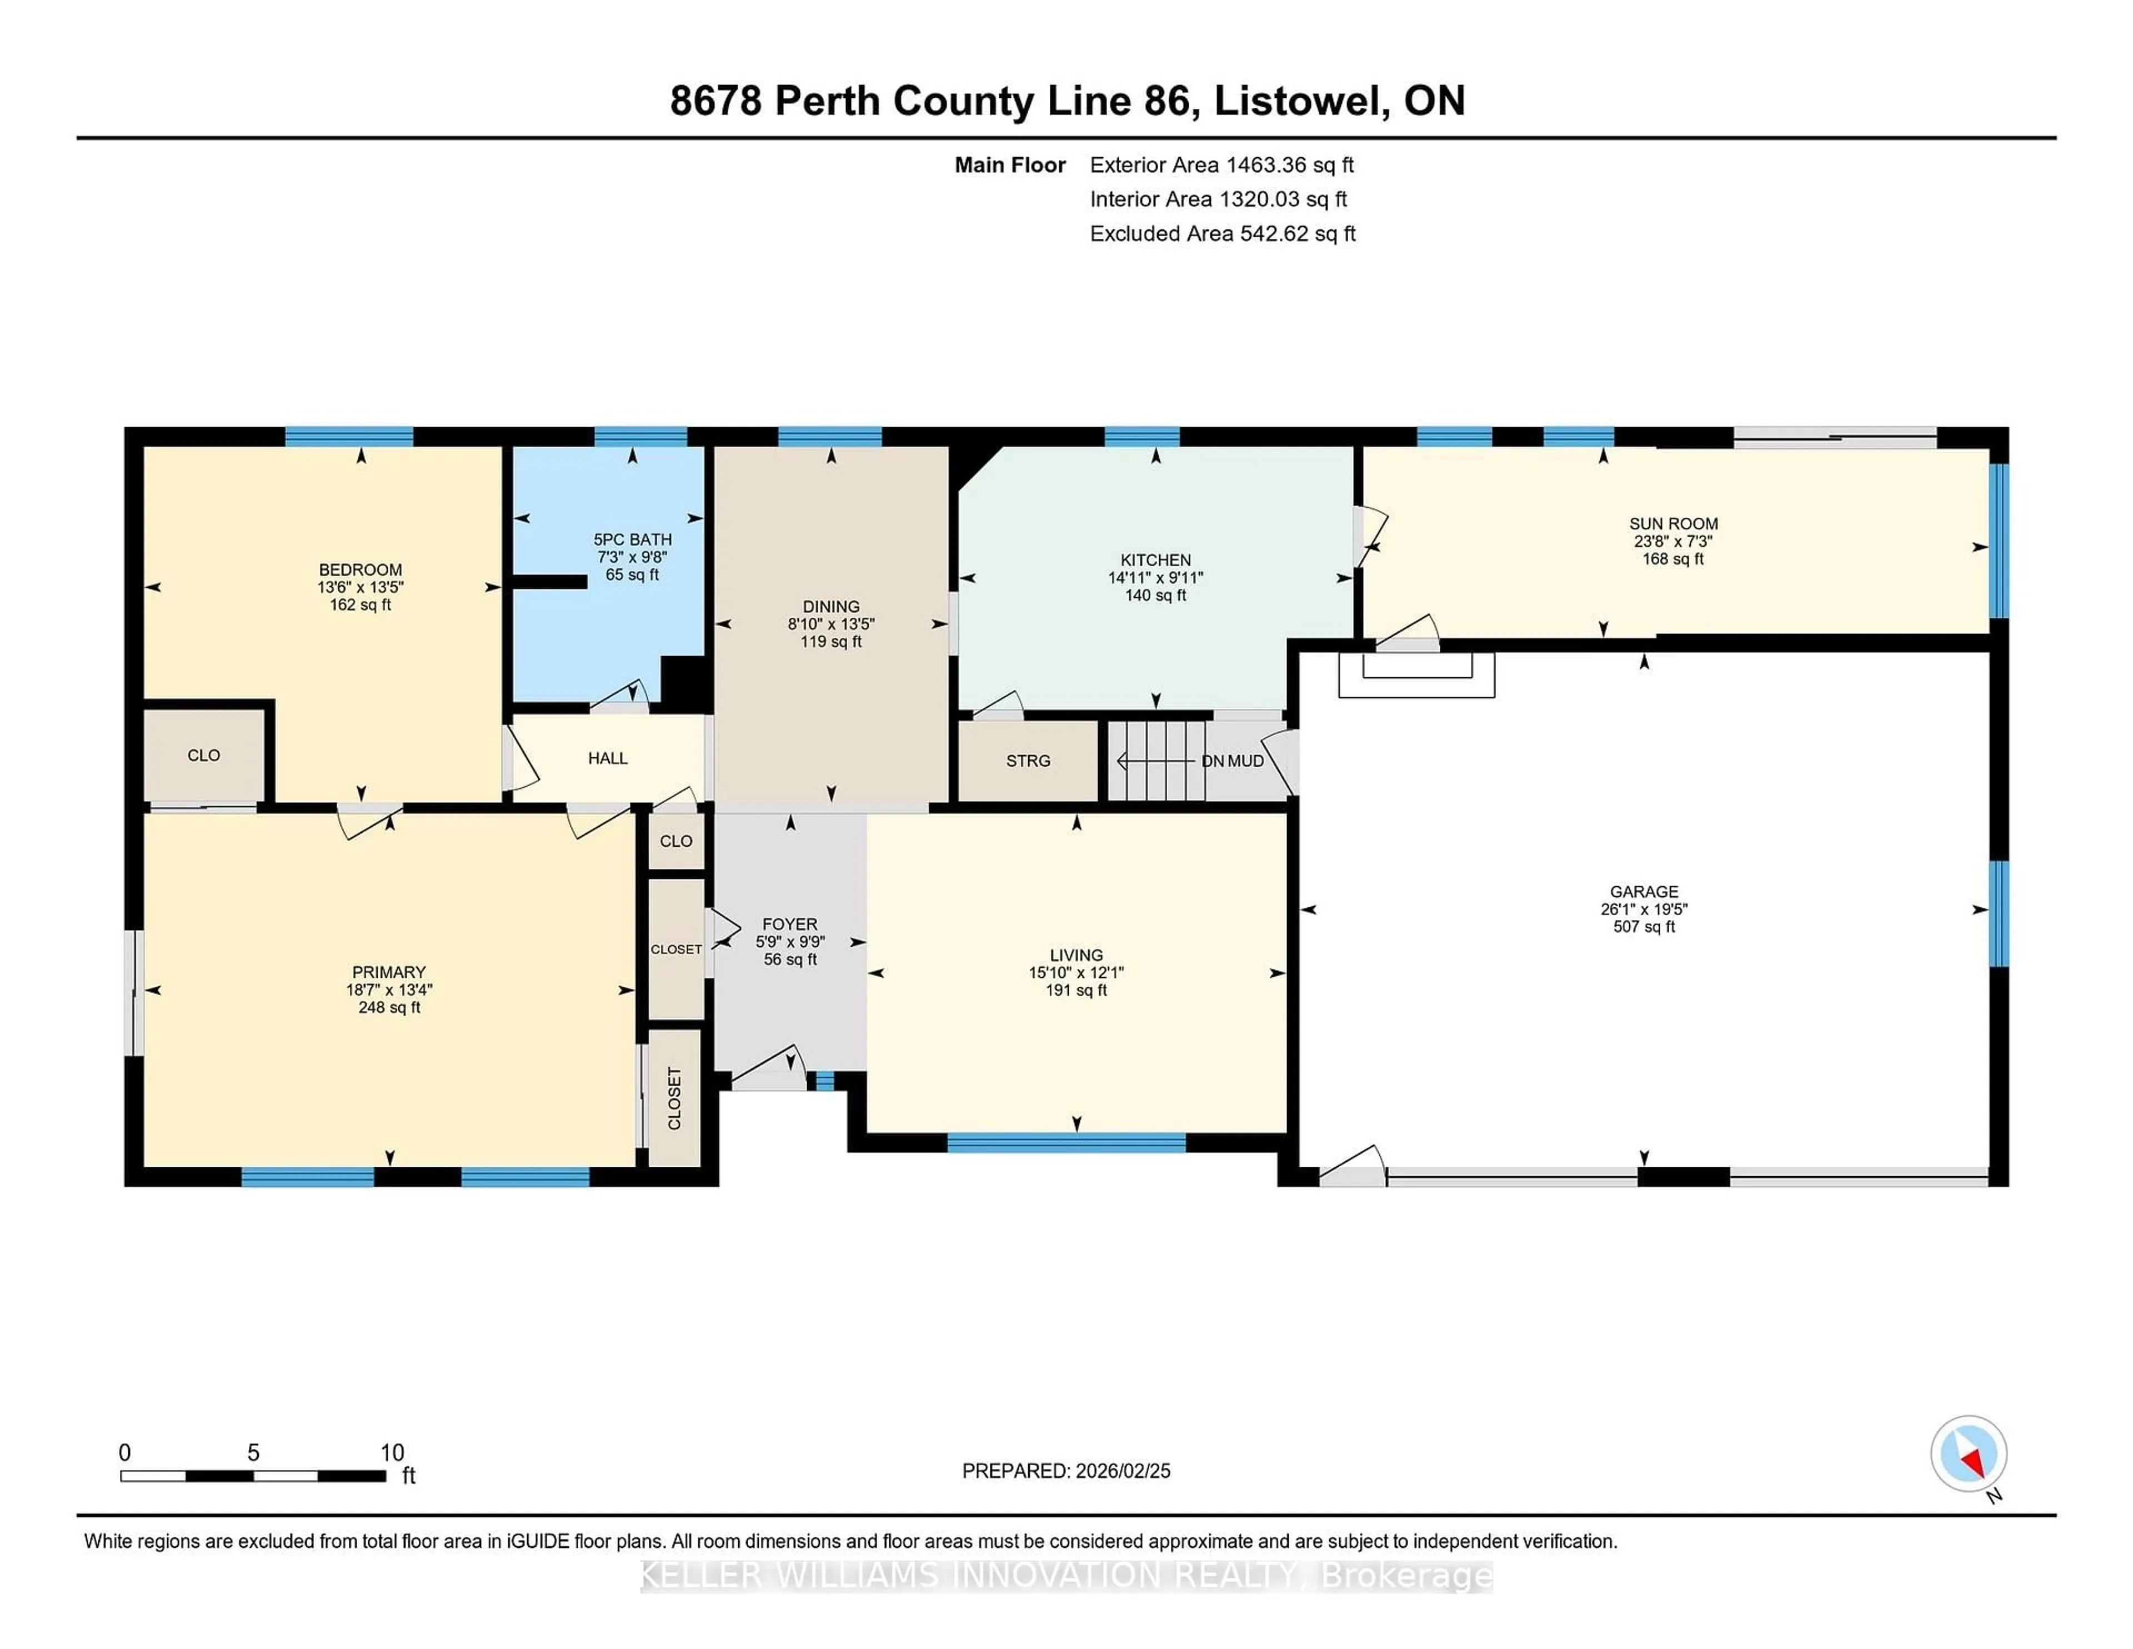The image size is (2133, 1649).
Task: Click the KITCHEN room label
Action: point(1155,560)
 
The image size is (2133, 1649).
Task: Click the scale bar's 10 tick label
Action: point(392,1453)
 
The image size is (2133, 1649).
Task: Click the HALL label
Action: point(608,758)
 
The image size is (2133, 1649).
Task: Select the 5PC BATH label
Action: point(632,539)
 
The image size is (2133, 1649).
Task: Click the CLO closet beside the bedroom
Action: point(203,755)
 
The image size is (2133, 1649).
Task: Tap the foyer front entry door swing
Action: point(772,1071)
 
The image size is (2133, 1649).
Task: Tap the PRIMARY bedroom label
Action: point(389,972)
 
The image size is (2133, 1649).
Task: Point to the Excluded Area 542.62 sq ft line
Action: point(1222,233)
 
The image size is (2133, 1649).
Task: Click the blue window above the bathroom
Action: point(640,437)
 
